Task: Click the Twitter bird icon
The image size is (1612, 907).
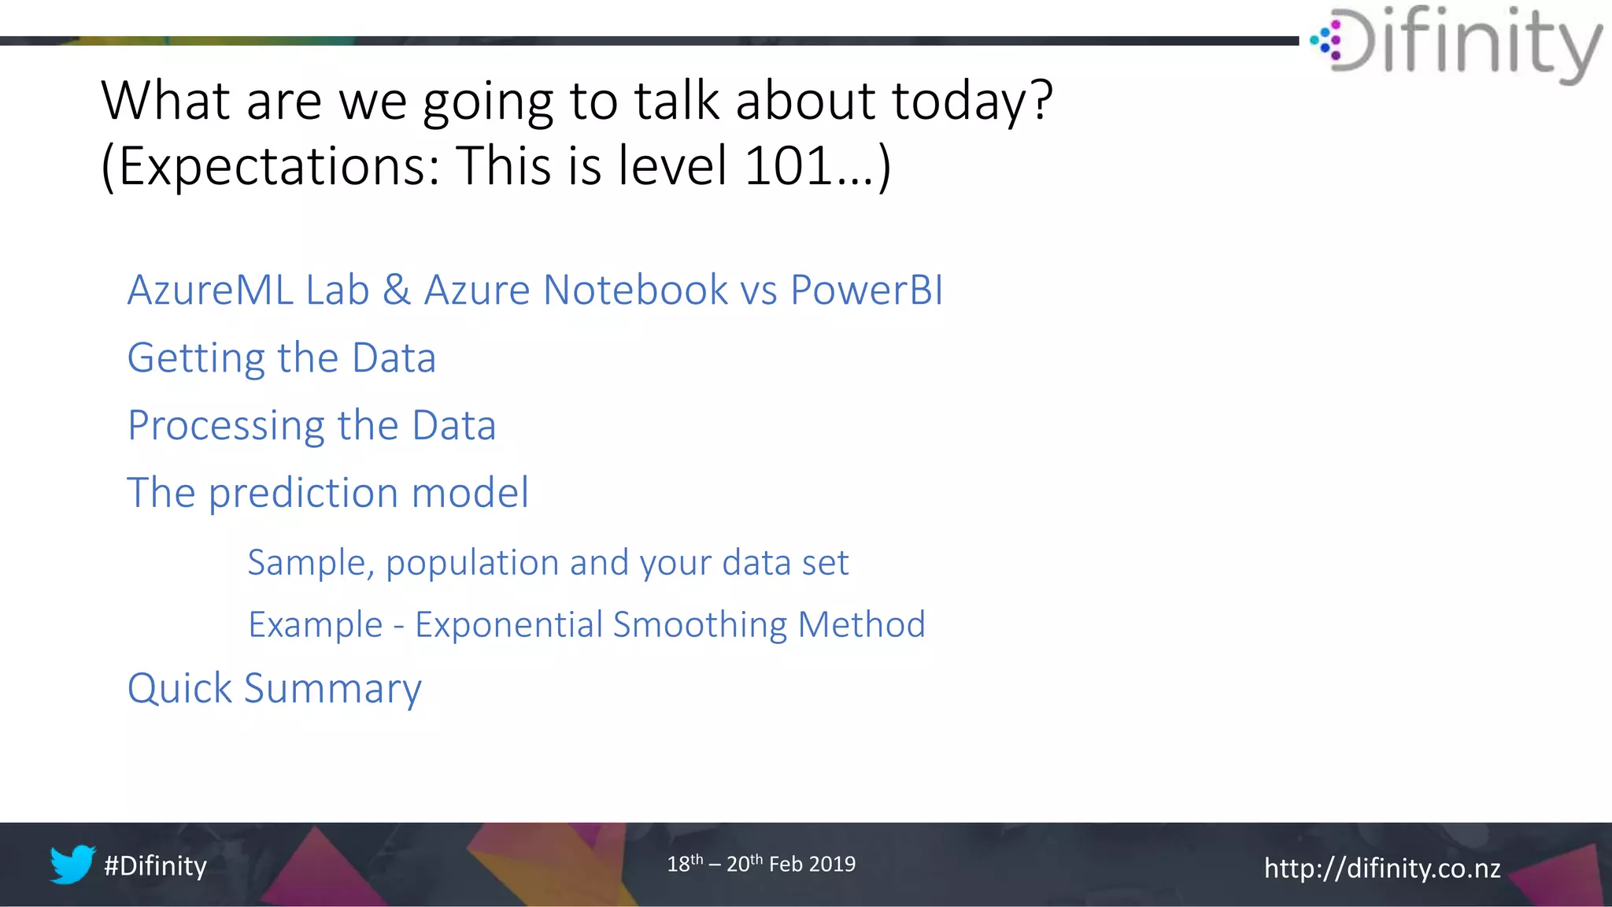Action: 72,864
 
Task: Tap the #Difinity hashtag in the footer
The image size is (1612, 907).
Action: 155,866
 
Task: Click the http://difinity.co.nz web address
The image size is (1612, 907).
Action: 1381,868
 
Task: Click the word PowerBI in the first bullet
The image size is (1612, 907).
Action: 866,290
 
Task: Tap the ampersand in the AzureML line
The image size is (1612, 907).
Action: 397,290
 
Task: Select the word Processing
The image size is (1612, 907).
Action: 226,427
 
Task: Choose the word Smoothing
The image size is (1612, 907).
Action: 700,625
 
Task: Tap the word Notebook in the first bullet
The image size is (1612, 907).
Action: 634,290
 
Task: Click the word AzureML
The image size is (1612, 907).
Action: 209,290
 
